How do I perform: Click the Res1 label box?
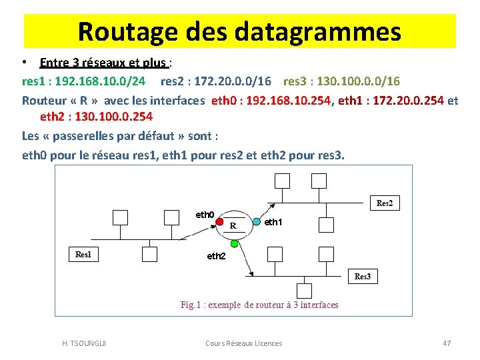click(83, 254)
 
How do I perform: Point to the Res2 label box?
click(385, 203)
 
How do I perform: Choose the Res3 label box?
click(363, 276)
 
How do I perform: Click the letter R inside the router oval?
click(233, 225)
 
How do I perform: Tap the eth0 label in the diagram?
click(204, 215)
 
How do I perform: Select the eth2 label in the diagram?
click(216, 256)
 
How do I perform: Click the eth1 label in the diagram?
click(273, 222)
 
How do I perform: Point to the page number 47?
click(447, 343)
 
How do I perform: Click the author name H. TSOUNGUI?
click(83, 343)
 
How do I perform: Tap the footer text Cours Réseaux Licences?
click(243, 343)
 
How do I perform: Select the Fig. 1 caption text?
click(259, 305)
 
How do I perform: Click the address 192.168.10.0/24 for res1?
click(99, 81)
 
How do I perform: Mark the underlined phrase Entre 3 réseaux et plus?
click(103, 63)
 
